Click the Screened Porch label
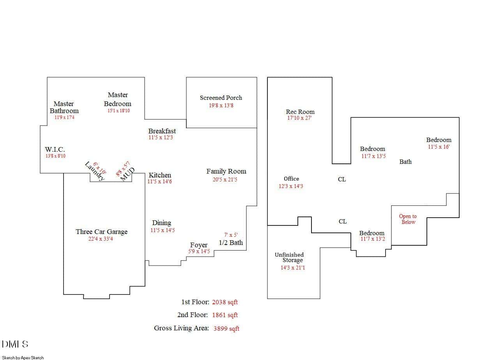point(221,98)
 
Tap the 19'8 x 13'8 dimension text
point(221,105)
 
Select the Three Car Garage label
point(101,232)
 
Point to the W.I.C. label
point(55,149)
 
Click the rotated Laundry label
point(95,171)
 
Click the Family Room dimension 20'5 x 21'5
point(225,180)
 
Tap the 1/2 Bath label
point(231,243)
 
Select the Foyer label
point(199,245)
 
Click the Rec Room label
point(300,112)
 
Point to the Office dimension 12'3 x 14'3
point(291,186)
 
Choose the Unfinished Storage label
point(289,257)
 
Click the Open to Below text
point(408,219)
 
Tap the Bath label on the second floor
point(405,161)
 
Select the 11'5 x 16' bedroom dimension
point(439,147)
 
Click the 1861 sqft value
point(225,315)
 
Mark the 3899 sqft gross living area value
point(226,328)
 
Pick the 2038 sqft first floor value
point(225,302)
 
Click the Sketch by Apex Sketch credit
point(23,357)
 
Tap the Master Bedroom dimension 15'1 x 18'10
point(119,111)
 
